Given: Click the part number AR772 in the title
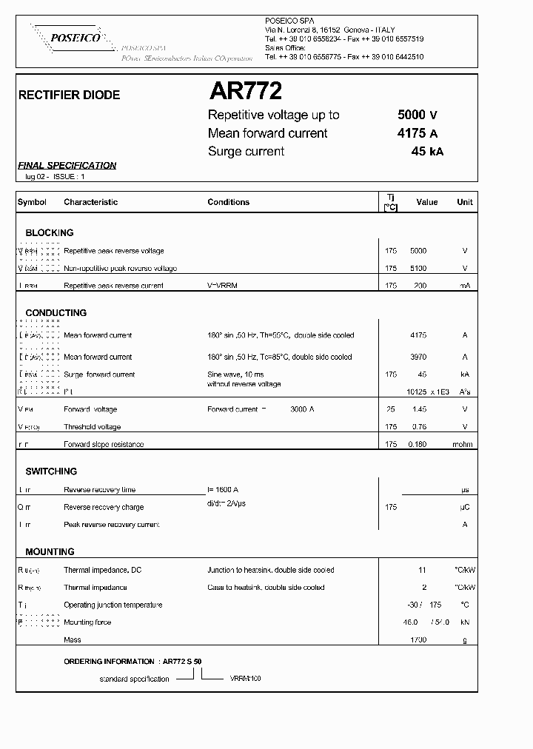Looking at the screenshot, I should [245, 92].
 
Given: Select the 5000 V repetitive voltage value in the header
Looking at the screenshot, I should [418, 115].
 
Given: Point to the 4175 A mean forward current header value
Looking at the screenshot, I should [418, 133].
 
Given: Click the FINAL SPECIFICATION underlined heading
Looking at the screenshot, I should [67, 166].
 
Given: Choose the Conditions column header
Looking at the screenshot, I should [228, 202].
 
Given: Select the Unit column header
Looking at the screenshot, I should [465, 202].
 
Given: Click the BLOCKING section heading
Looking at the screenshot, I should [50, 232].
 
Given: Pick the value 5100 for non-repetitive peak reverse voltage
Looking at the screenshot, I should [418, 269].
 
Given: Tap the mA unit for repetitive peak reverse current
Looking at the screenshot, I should [465, 286].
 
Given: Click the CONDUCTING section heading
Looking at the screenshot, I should [56, 313].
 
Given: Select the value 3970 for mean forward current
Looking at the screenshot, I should [418, 357].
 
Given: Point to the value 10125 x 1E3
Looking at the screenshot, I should [428, 392].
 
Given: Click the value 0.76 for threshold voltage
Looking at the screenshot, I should [418, 427].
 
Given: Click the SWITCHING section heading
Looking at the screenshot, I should [51, 471].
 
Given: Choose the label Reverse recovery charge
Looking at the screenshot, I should [104, 508].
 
